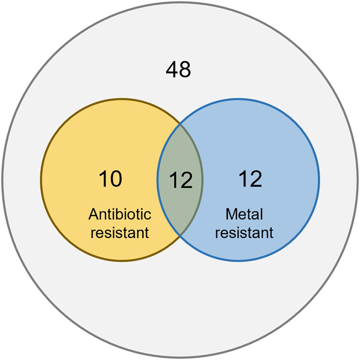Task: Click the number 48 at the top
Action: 178,70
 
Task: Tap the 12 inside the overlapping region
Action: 181,180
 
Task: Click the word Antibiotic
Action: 120,214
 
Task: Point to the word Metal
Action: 244,214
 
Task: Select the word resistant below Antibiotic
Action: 120,233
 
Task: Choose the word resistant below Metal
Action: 244,233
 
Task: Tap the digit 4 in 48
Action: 172,70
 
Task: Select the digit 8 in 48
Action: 185,70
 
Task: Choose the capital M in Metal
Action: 231,214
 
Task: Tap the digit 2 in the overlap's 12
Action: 186,180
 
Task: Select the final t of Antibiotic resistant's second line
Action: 147,233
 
